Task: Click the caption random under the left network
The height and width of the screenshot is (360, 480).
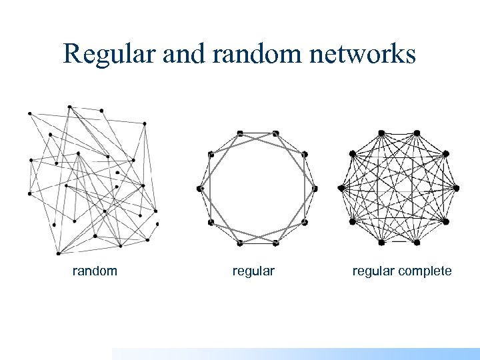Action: (x=95, y=271)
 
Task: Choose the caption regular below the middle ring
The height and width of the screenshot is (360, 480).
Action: (x=253, y=271)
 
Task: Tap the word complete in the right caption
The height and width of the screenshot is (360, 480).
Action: (x=423, y=271)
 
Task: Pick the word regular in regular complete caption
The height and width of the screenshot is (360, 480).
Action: (x=373, y=271)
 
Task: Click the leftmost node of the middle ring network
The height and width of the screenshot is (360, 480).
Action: (x=199, y=189)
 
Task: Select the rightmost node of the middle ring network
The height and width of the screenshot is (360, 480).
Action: (x=315, y=189)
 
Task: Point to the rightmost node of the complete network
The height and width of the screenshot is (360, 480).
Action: (x=458, y=188)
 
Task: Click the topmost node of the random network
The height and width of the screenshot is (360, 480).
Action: (x=69, y=107)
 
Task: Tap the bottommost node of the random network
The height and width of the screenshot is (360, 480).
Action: (x=59, y=253)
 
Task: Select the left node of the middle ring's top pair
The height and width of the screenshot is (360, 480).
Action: (x=240, y=133)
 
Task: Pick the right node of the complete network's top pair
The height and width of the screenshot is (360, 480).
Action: (x=417, y=133)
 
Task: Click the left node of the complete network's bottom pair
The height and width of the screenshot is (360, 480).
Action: (x=381, y=242)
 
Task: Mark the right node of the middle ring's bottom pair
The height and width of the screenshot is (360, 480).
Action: (x=275, y=242)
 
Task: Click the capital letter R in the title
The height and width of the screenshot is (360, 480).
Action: (x=72, y=54)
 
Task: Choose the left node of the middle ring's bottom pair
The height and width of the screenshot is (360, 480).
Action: (x=239, y=242)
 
